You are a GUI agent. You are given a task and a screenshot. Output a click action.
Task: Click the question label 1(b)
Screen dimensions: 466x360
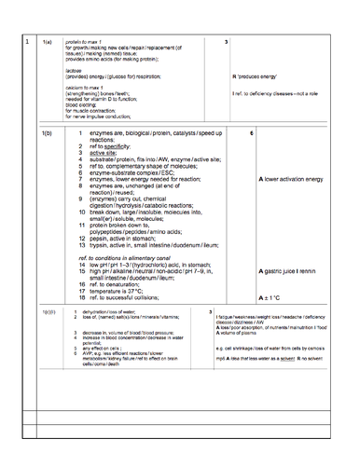pos(49,134)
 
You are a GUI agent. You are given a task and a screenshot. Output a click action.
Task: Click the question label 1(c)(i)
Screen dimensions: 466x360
pos(50,310)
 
